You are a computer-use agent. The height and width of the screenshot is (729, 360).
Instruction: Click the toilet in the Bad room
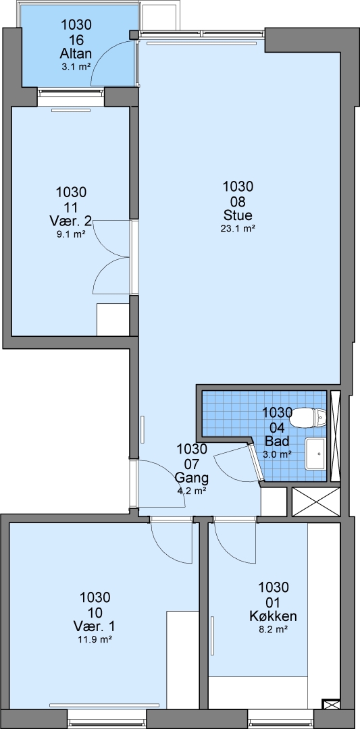click(309, 417)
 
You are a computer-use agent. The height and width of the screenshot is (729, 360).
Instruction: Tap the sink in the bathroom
click(316, 454)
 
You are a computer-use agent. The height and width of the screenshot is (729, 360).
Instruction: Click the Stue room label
click(238, 215)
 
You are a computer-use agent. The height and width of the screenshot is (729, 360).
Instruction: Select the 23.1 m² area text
click(238, 228)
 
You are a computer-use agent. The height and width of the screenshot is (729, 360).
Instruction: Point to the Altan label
click(76, 53)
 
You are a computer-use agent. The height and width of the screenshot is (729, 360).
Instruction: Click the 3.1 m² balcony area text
click(76, 66)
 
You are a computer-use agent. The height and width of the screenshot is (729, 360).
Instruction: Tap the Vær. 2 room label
click(70, 220)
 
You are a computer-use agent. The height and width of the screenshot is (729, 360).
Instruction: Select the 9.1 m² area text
click(70, 234)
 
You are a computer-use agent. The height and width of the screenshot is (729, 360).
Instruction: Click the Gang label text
click(192, 478)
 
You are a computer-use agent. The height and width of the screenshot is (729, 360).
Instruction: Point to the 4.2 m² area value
click(192, 490)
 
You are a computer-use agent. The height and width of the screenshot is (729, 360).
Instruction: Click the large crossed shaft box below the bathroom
click(316, 502)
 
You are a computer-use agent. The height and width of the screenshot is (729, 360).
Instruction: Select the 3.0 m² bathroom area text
click(278, 454)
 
